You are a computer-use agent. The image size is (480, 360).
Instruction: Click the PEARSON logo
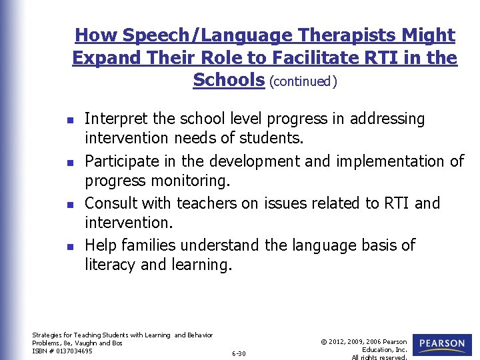click(442, 344)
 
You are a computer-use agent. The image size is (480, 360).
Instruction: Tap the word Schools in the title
click(229, 80)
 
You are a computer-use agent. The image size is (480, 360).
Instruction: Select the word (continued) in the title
click(303, 81)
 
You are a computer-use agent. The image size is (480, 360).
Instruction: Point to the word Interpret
click(116, 119)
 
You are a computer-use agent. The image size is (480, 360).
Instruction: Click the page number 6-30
click(238, 353)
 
